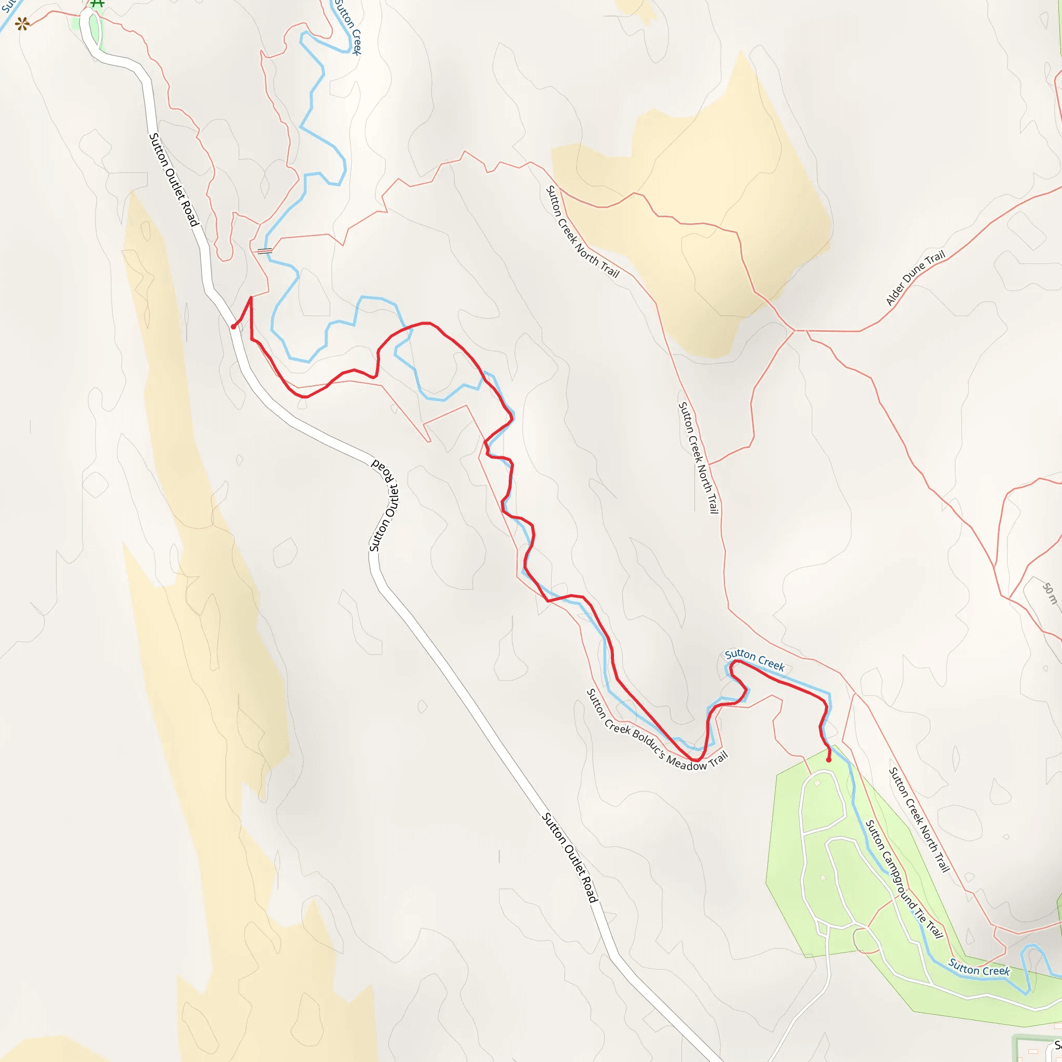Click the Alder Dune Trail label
pyautogui.click(x=915, y=277)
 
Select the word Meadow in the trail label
pyautogui.click(x=686, y=763)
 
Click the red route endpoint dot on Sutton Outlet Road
pyautogui.click(x=234, y=327)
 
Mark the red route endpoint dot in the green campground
pyautogui.click(x=828, y=760)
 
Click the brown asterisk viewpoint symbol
pyautogui.click(x=22, y=24)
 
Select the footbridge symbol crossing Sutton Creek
pyautogui.click(x=264, y=250)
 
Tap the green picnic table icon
pyautogui.click(x=97, y=3)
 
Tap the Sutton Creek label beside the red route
pyautogui.click(x=754, y=660)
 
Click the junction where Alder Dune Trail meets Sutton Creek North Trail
pyautogui.click(x=795, y=330)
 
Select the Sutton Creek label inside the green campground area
pyautogui.click(x=979, y=967)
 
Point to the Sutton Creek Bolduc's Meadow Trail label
pyautogui.click(x=658, y=731)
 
